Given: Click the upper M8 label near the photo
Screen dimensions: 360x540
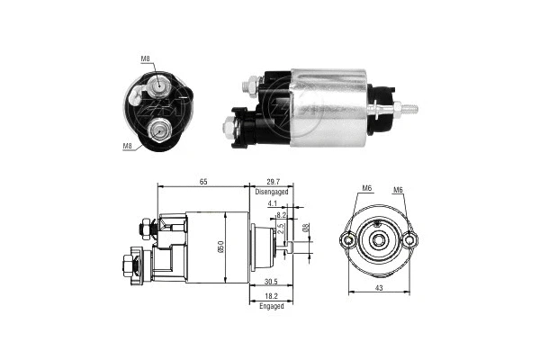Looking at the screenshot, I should (146, 59).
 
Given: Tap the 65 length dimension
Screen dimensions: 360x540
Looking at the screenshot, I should (202, 183).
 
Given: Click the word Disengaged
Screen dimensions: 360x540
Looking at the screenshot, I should (272, 192).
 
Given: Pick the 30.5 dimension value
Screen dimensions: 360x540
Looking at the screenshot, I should (270, 281).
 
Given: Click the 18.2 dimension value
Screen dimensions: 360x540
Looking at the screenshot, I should (270, 296).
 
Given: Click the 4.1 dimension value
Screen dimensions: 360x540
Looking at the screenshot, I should (272, 204).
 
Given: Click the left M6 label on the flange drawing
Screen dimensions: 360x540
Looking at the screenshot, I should (366, 188).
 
